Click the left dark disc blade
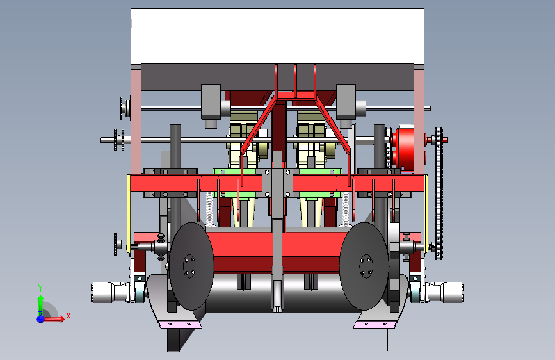click(191, 266)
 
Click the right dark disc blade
click(364, 266)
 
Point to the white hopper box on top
click(278, 36)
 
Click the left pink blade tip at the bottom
click(181, 324)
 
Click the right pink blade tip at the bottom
click(374, 324)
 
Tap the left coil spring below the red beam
click(209, 209)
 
